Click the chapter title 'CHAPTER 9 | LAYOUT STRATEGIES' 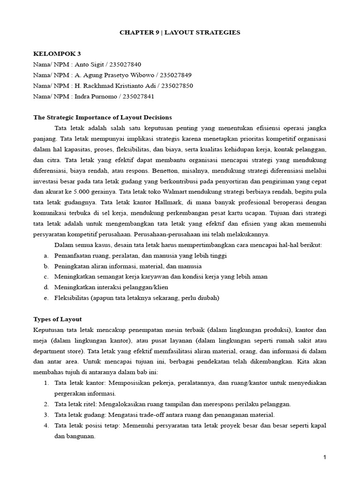180,32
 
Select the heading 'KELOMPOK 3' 57,54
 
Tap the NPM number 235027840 126,65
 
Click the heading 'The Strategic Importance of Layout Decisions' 103,117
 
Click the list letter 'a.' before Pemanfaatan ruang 46,255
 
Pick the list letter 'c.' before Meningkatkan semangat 46,277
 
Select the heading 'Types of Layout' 57,319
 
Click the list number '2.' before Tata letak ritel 46,404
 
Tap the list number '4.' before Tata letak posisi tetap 46,425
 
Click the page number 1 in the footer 325,457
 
